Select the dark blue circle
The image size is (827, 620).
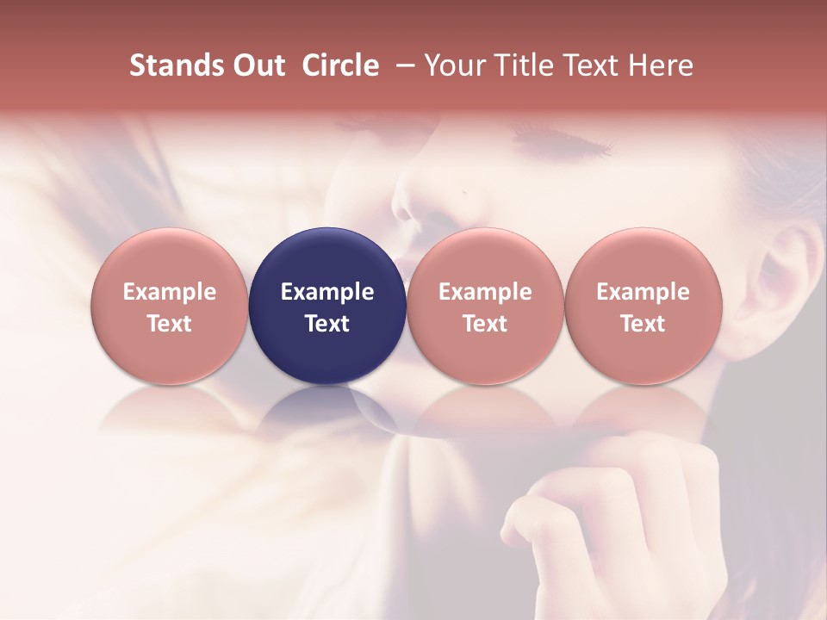pos(327,306)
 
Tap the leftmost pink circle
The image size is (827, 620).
pos(170,306)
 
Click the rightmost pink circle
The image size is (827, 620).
pos(643,306)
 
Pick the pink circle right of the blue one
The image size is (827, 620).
pos(485,306)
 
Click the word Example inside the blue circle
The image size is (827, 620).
pos(327,292)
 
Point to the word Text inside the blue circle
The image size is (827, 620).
pos(327,324)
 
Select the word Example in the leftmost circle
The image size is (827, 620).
pos(170,292)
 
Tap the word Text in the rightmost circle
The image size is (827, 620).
pos(643,324)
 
